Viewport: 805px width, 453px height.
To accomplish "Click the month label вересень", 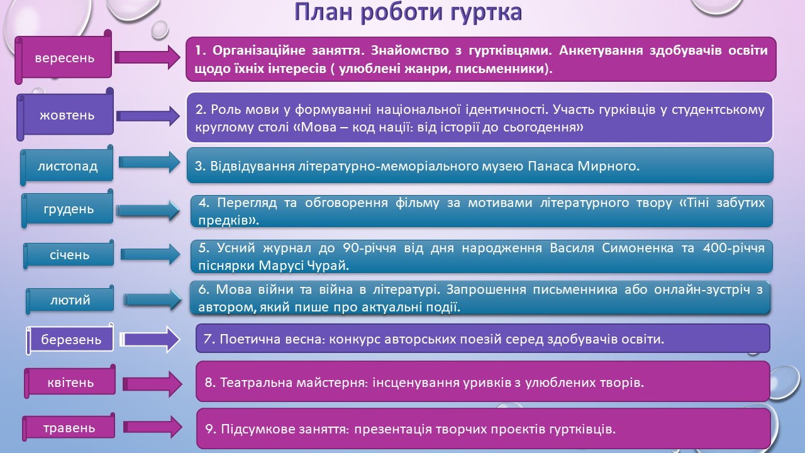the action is coord(65,57).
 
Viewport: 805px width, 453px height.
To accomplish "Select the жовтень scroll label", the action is coord(67,115).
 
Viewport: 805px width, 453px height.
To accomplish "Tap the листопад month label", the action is coord(67,165).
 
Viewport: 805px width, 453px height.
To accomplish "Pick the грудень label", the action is coord(69,209).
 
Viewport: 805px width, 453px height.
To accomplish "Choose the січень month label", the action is coord(69,255).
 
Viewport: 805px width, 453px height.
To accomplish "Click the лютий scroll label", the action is coord(70,300).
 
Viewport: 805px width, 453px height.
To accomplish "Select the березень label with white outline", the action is coord(71,339).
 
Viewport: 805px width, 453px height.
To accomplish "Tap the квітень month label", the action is coord(70,382).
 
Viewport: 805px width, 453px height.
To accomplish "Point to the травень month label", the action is coord(69,428).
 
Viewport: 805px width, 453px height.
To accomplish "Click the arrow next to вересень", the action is coord(147,57).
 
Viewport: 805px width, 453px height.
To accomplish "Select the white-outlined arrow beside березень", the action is coord(150,339).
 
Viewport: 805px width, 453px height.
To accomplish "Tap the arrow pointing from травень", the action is coord(152,427).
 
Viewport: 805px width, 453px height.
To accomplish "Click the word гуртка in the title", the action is coord(485,12).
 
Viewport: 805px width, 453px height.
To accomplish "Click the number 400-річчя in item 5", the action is coord(733,248).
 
